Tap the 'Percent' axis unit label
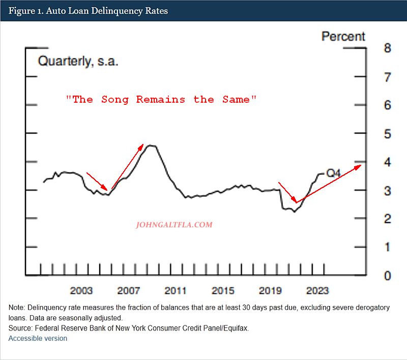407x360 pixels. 343,37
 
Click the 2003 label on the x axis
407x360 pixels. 81,291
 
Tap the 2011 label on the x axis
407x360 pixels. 176,291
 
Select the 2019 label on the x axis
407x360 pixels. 270,291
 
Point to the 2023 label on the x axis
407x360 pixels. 317,291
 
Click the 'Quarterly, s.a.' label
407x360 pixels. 78,62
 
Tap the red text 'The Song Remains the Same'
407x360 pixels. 161,100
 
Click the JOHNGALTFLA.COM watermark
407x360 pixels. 175,224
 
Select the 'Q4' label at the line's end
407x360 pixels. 333,173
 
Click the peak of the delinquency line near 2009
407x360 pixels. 151,145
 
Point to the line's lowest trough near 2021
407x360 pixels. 294,212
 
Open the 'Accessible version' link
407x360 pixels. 38,338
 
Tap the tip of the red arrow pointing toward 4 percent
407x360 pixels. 361,165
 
